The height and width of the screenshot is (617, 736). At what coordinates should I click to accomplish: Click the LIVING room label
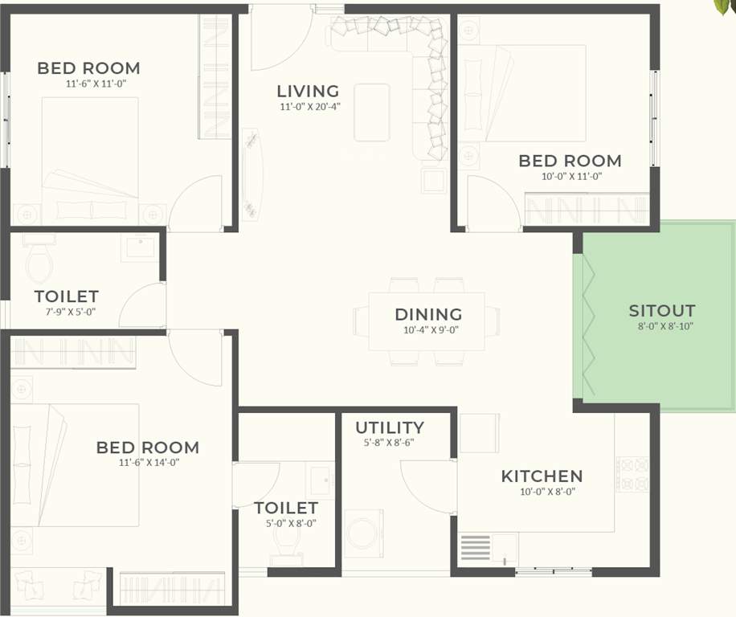308,92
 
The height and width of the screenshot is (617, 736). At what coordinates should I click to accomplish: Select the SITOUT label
661,311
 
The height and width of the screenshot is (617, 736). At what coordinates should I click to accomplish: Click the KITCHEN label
542,476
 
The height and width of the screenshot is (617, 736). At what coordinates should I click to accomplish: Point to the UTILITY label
390,427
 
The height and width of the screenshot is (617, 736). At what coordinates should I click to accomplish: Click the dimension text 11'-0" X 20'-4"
310,107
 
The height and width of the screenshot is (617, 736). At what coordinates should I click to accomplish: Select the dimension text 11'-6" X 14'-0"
147,462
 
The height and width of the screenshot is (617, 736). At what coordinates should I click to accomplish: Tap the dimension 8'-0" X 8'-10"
661,326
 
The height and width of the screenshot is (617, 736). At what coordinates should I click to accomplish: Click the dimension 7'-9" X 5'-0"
66,312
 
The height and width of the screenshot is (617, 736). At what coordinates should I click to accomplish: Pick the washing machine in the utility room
363,534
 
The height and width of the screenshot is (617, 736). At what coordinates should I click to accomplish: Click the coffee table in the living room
372,112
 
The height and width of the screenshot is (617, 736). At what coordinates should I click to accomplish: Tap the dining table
427,321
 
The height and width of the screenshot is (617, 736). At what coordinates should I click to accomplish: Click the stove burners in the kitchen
632,475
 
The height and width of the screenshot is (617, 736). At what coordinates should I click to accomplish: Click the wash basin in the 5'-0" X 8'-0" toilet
320,481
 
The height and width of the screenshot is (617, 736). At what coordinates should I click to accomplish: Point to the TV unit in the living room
252,174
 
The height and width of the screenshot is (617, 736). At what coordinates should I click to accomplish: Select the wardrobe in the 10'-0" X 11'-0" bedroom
586,209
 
